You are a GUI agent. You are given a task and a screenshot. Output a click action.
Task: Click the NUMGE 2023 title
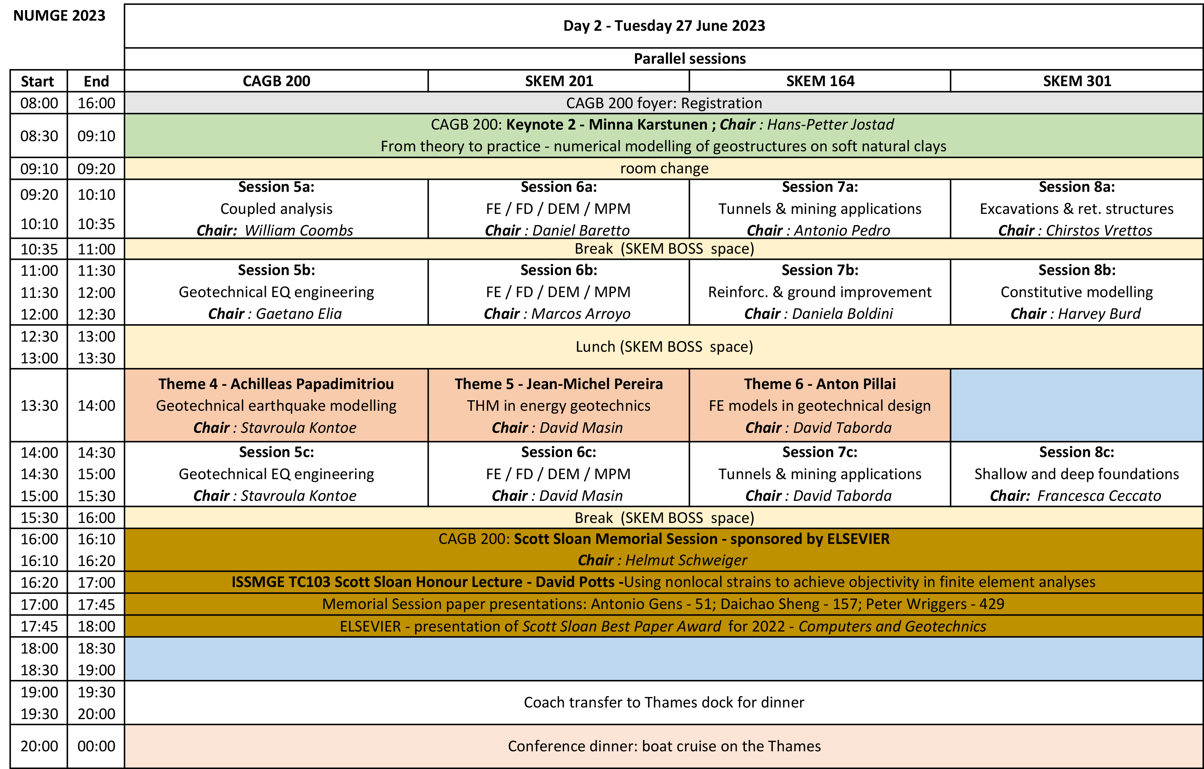click(x=59, y=16)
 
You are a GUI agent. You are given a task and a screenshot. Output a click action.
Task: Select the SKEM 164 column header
click(x=820, y=81)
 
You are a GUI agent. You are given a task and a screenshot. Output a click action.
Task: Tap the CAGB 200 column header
click(x=276, y=81)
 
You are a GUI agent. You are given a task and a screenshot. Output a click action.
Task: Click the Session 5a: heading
click(x=276, y=187)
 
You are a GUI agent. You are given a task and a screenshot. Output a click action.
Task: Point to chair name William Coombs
click(x=299, y=231)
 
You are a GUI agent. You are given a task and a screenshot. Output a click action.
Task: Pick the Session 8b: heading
click(x=1077, y=270)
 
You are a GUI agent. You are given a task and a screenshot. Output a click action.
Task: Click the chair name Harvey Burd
click(x=1099, y=314)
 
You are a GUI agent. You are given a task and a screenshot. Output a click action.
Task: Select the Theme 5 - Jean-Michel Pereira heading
click(x=559, y=384)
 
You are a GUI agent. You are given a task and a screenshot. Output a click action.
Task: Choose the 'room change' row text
click(x=664, y=169)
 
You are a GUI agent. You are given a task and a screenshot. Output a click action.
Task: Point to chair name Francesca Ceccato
click(x=1099, y=496)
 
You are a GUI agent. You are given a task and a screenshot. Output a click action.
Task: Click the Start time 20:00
click(x=39, y=746)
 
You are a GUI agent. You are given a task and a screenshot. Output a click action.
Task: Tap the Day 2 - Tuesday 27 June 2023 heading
click(x=664, y=25)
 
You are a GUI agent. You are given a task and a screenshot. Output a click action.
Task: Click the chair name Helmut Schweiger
click(x=686, y=561)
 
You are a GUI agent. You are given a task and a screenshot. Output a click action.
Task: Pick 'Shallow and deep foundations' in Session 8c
click(x=1077, y=474)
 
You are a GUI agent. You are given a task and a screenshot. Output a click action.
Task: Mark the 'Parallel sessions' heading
click(x=690, y=59)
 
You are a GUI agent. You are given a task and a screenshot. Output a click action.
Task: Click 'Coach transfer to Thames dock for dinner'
click(x=664, y=702)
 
